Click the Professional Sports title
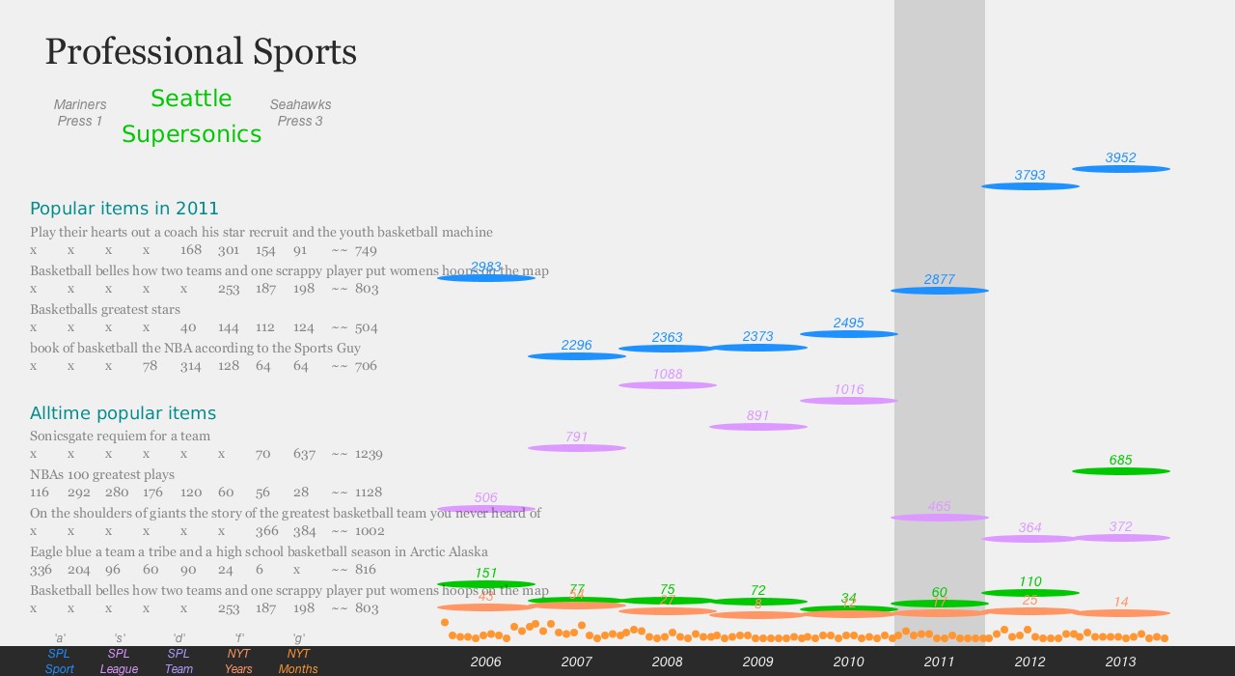(x=201, y=52)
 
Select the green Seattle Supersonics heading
(x=191, y=116)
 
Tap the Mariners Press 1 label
(x=80, y=113)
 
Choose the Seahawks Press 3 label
(x=300, y=113)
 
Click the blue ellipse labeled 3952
(x=1120, y=169)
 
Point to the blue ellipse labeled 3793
(x=1029, y=186)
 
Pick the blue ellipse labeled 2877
(x=939, y=291)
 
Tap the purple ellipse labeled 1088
(x=667, y=385)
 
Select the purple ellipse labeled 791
(x=576, y=448)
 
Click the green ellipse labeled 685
(x=1120, y=471)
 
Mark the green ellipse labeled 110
(x=1029, y=593)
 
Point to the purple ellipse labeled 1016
(x=848, y=401)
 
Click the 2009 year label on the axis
(x=757, y=662)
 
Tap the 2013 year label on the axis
(x=1120, y=662)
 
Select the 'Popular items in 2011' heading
(x=124, y=209)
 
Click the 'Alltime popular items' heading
(x=123, y=413)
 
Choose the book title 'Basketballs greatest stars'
(x=105, y=310)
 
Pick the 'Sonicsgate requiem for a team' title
(x=120, y=437)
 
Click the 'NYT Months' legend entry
(x=298, y=662)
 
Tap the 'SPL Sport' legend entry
(x=59, y=662)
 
